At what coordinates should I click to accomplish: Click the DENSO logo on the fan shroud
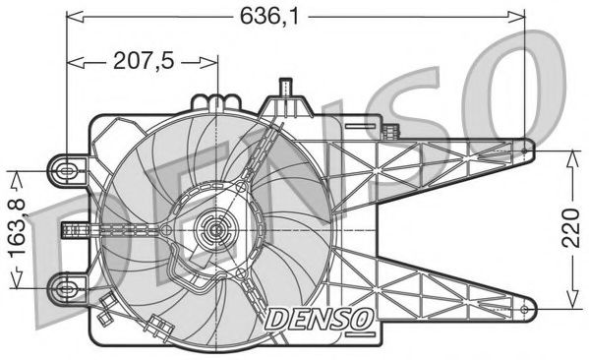(x=318, y=317)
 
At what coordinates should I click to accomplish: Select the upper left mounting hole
(x=67, y=170)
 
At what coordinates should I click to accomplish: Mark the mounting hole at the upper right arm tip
(x=527, y=150)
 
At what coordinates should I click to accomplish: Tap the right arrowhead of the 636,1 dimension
(x=519, y=16)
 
